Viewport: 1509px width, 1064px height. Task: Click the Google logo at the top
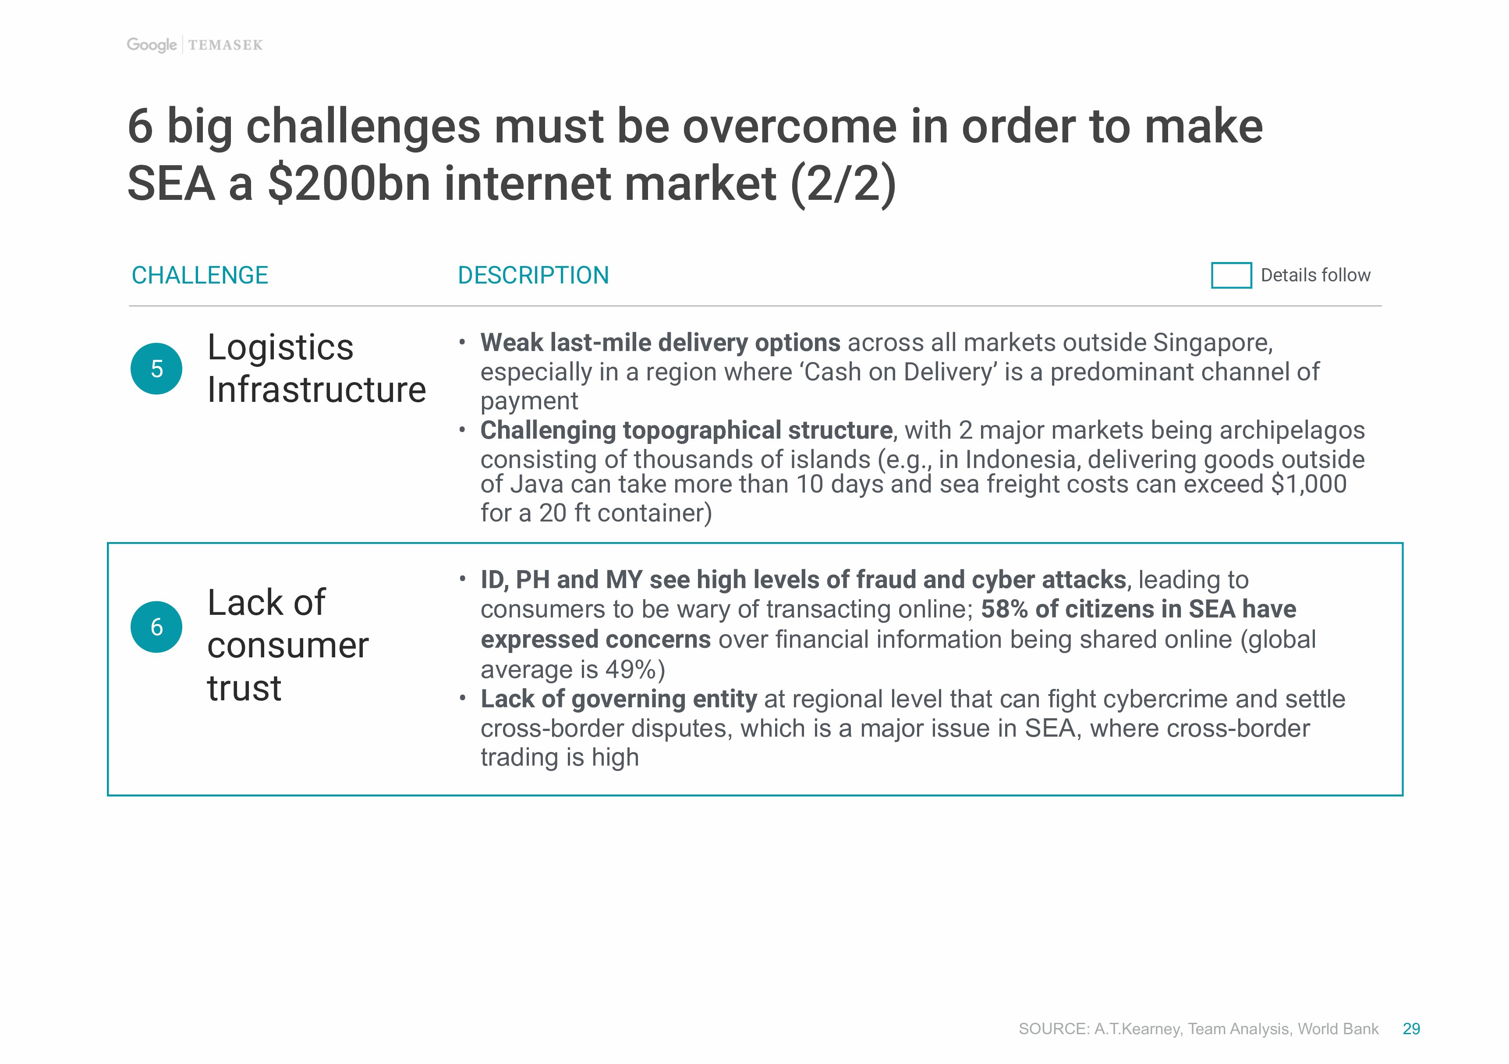coord(151,45)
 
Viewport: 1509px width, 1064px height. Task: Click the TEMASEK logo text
coord(225,45)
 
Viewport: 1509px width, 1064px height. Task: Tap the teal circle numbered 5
coord(156,369)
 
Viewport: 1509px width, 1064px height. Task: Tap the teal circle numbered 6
coord(156,627)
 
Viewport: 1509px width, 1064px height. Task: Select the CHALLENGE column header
coord(200,275)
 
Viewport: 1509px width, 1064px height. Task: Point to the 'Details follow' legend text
coord(1315,275)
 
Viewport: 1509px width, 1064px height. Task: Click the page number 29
coord(1411,1029)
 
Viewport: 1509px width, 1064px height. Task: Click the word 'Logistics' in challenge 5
coord(280,348)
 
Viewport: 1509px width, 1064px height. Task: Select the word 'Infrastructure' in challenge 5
coord(317,390)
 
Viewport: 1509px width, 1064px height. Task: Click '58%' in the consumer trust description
coord(1004,609)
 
